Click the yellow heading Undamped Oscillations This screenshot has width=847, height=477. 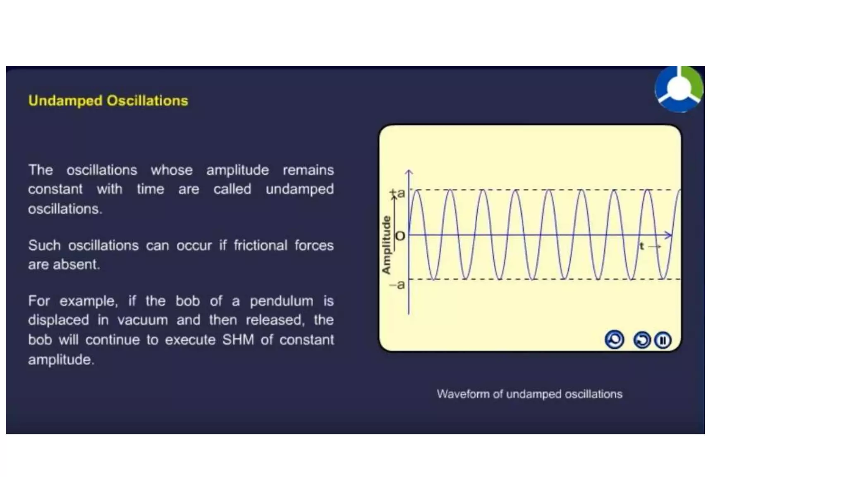tap(108, 101)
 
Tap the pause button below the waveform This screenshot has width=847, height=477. tap(663, 340)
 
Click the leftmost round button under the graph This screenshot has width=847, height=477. tap(614, 340)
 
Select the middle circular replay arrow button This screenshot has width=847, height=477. tap(641, 340)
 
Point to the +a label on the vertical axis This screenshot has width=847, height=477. tap(398, 193)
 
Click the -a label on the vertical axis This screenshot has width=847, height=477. tap(397, 285)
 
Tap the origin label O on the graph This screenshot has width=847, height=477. tap(400, 236)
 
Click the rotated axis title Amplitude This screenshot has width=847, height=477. tap(386, 245)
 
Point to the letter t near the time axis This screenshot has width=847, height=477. tap(642, 246)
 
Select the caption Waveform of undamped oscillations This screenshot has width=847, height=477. tap(529, 394)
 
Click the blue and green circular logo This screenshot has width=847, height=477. tap(679, 89)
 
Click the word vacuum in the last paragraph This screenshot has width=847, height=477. tap(142, 320)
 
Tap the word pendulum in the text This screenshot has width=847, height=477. tap(281, 301)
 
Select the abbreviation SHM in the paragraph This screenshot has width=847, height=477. tap(238, 340)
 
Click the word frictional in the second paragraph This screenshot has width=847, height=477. tap(260, 246)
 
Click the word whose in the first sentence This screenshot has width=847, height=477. tap(171, 170)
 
